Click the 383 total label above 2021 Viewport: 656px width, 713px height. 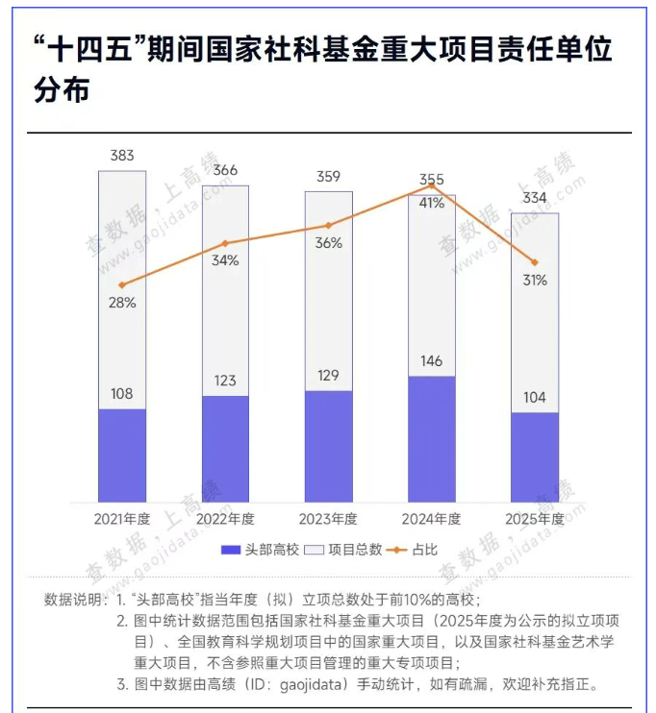tap(122, 156)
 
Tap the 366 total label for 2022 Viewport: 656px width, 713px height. tap(225, 170)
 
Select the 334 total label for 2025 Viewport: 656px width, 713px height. tap(535, 198)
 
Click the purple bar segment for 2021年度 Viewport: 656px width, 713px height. tap(122, 455)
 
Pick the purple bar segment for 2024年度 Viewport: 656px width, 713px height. tap(432, 438)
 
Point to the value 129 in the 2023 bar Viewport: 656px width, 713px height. tap(329, 375)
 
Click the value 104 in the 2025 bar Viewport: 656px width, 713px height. tap(535, 397)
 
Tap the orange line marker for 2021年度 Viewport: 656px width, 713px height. tap(122, 284)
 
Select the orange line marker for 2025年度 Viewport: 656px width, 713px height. tap(535, 262)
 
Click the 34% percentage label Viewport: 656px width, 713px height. tap(225, 260)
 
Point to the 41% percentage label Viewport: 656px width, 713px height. tap(432, 203)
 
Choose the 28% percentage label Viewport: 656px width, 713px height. tap(122, 303)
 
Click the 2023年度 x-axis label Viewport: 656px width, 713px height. tap(329, 519)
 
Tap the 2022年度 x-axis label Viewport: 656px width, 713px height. tap(225, 519)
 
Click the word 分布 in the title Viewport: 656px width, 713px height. tap(62, 91)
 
